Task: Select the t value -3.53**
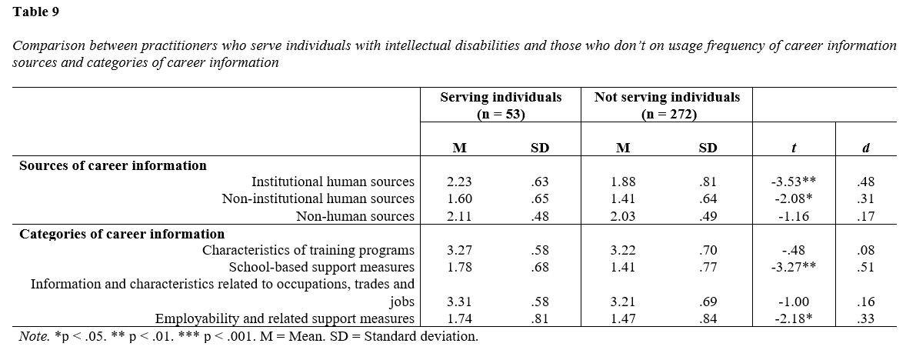tap(793, 182)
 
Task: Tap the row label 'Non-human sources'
tap(355, 216)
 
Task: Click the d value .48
tap(865, 182)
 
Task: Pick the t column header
tap(793, 148)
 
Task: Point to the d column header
tap(865, 148)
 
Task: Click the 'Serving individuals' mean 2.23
tap(459, 182)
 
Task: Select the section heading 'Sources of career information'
tap(113, 165)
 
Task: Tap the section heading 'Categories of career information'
tap(122, 234)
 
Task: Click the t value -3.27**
tap(793, 267)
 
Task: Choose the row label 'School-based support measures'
tap(321, 267)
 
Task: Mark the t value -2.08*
tap(793, 199)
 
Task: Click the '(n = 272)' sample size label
tap(667, 114)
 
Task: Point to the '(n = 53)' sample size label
tap(501, 114)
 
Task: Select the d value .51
tap(865, 267)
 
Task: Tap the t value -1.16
tap(793, 216)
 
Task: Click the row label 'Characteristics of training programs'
tap(308, 250)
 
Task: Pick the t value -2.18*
tap(793, 318)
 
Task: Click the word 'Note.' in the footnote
tap(33, 336)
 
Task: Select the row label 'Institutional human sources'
tap(333, 182)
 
